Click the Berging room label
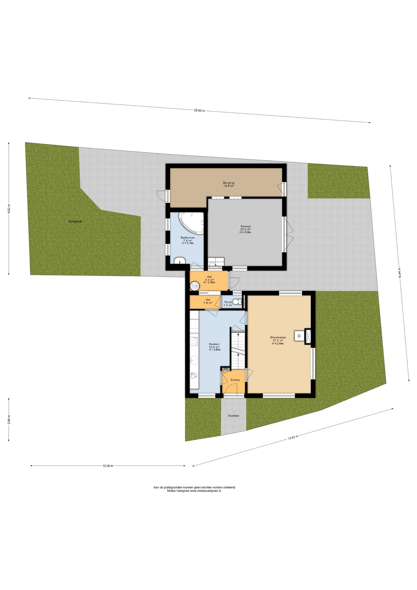[x=228, y=183]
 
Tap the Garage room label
[x=245, y=226]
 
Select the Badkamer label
[x=188, y=238]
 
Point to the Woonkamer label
[x=278, y=337]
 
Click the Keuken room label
[x=214, y=344]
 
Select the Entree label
[x=235, y=380]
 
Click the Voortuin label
[x=233, y=416]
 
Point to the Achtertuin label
[x=75, y=221]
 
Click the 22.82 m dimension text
[x=199, y=111]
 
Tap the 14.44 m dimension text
[x=400, y=273]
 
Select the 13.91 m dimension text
[x=293, y=438]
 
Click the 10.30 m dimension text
[x=108, y=466]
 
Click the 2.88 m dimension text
[x=9, y=420]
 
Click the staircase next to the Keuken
[x=238, y=350]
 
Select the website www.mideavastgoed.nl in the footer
[x=205, y=491]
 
